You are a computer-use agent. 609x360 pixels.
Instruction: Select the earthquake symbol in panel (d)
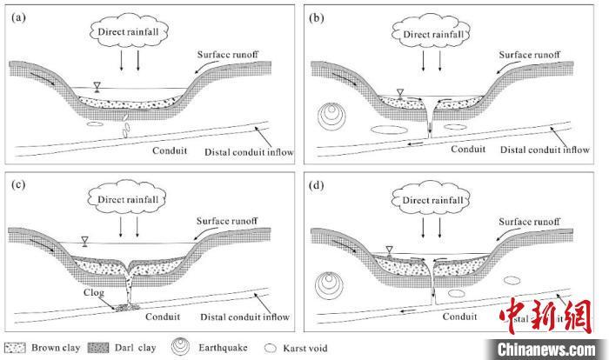[x=331, y=285]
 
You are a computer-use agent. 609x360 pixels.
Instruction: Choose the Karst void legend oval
[x=264, y=346]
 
